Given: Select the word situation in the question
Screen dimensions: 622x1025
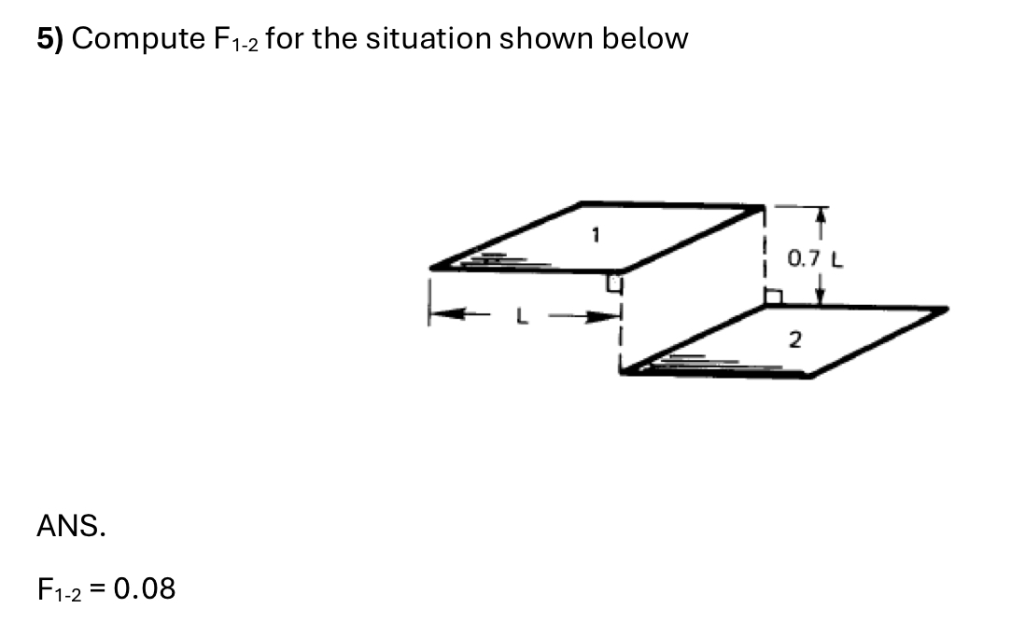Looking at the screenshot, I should point(427,39).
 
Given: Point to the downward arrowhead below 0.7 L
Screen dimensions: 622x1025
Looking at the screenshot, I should point(821,297).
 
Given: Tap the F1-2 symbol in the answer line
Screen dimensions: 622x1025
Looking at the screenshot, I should point(63,589).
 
